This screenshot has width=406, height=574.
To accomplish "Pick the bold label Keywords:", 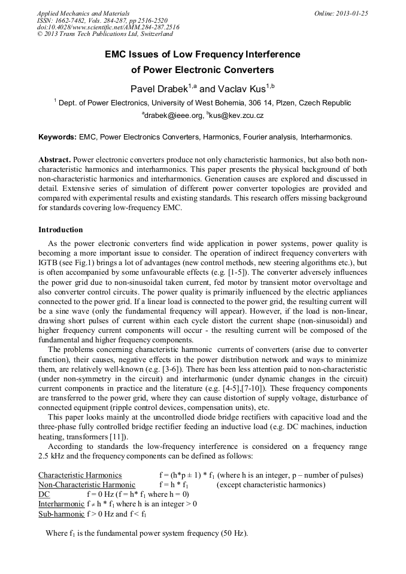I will [x=57, y=137].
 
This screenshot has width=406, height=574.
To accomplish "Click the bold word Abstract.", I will [x=55, y=161].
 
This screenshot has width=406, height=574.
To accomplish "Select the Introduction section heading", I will [x=60, y=230].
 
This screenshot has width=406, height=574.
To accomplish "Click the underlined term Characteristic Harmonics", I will [x=80, y=475].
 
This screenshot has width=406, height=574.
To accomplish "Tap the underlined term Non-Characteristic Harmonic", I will [x=86, y=485].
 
